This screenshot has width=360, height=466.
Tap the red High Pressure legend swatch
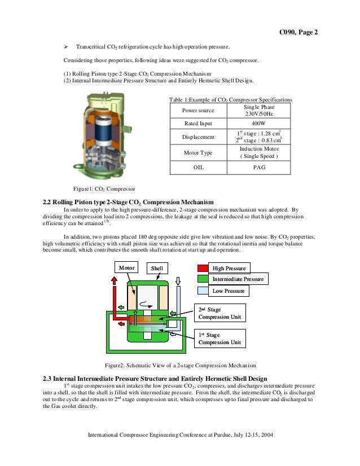pyautogui.click(x=203, y=268)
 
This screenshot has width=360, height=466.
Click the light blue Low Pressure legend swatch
pyautogui.click(x=203, y=291)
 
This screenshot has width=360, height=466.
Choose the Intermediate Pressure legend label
pyautogui.click(x=237, y=279)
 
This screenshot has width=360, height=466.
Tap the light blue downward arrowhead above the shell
pyautogui.click(x=178, y=280)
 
